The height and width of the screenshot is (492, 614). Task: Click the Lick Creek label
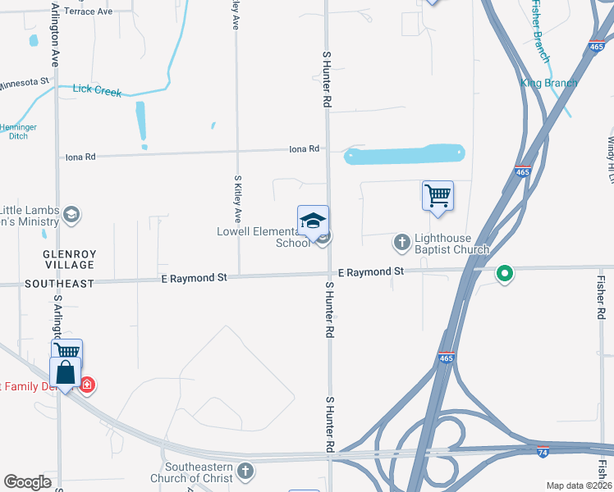(97, 90)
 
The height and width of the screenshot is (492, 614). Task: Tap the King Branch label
(549, 83)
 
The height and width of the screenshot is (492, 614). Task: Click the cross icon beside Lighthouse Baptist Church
(402, 241)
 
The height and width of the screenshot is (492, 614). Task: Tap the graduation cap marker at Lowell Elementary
(313, 221)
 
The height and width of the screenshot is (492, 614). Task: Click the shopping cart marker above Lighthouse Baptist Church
(438, 196)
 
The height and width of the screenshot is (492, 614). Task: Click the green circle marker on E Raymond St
(505, 274)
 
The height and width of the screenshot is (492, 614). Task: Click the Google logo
(28, 482)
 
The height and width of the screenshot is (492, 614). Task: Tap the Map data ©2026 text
(579, 485)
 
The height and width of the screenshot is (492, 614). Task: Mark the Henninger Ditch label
(17, 131)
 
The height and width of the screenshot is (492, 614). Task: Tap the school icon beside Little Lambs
(71, 215)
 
